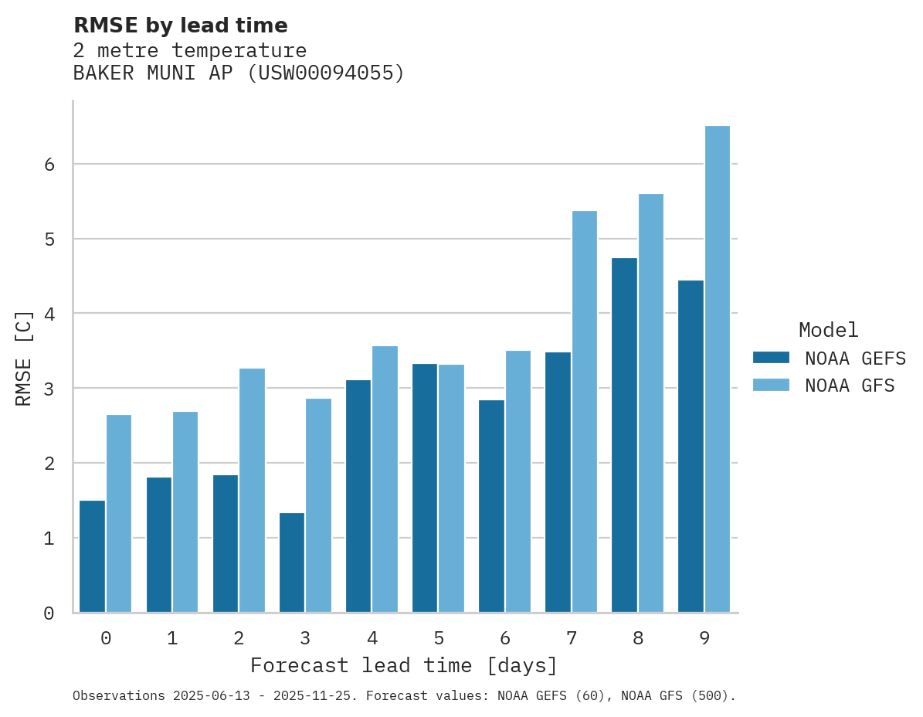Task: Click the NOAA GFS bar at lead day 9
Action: click(718, 369)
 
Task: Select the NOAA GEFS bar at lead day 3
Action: click(292, 562)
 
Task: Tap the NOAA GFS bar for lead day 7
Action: click(585, 412)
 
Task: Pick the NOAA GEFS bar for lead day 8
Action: click(624, 435)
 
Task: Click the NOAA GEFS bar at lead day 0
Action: click(93, 556)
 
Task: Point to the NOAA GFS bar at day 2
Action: click(252, 491)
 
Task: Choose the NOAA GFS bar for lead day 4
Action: click(385, 479)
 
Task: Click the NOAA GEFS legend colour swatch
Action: click(771, 358)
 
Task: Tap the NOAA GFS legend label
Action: click(850, 386)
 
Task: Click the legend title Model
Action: click(828, 331)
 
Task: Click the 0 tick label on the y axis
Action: click(48, 613)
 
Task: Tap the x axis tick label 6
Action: click(505, 638)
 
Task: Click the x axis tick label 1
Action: click(172, 638)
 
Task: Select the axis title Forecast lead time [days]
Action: click(403, 665)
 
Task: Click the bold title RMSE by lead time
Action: click(180, 25)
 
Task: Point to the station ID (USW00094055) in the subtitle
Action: click(325, 73)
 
